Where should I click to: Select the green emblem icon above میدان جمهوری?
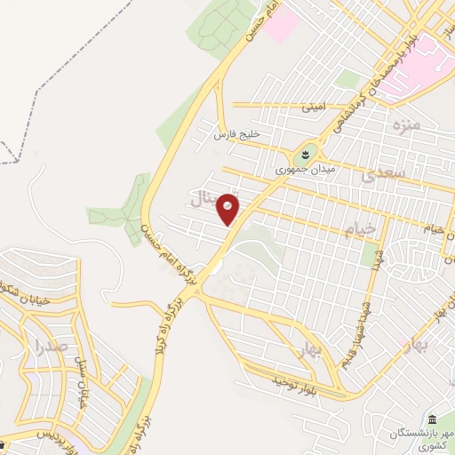(308, 154)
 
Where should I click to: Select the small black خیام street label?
(433, 228)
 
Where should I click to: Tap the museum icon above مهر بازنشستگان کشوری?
(431, 419)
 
